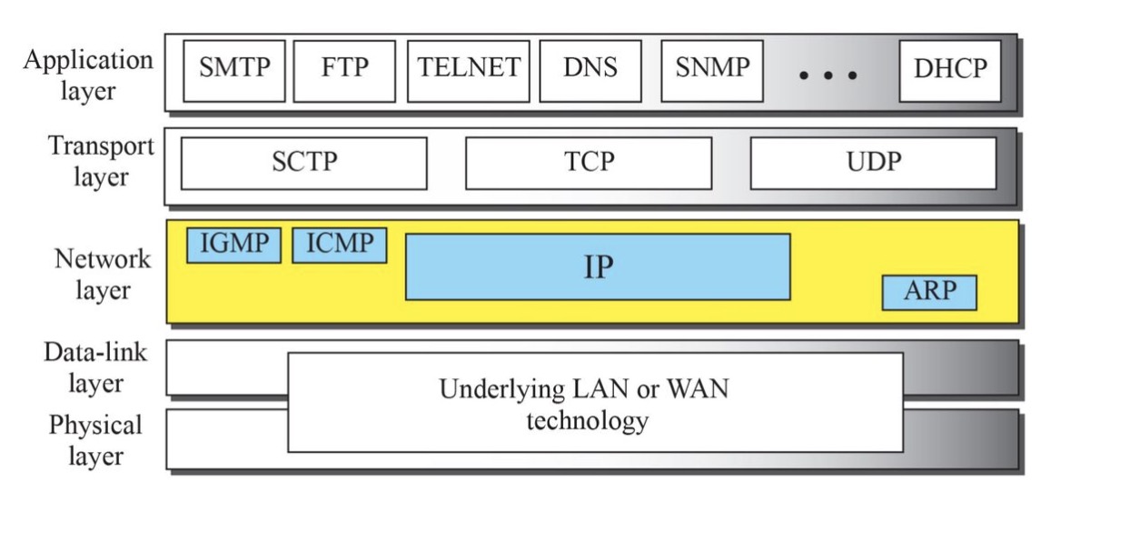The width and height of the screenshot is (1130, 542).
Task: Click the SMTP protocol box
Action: pyautogui.click(x=233, y=70)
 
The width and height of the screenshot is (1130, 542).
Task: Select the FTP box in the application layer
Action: pyautogui.click(x=345, y=70)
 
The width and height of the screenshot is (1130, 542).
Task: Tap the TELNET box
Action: pyautogui.click(x=468, y=70)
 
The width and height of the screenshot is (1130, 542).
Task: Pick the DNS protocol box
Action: pyautogui.click(x=590, y=70)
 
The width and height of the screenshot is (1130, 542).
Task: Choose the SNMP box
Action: pyautogui.click(x=712, y=70)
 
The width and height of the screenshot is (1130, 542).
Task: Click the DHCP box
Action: pyautogui.click(x=950, y=70)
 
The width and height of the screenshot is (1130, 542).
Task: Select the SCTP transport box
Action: pyautogui.click(x=303, y=163)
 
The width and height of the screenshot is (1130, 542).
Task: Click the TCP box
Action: pyautogui.click(x=589, y=163)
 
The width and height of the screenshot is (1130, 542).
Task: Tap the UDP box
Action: pyautogui.click(x=873, y=163)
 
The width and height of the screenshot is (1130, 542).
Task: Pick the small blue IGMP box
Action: pyautogui.click(x=233, y=245)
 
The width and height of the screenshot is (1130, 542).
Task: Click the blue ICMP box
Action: pyautogui.click(x=339, y=245)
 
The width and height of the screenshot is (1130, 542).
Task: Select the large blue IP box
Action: pyautogui.click(x=598, y=266)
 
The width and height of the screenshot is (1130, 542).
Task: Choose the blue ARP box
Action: pyautogui.click(x=929, y=293)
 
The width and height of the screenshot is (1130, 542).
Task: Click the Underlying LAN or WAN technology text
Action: pyautogui.click(x=585, y=405)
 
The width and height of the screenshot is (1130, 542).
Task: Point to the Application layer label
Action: pyautogui.click(x=88, y=75)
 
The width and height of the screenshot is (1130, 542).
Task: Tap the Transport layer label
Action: pyautogui.click(x=100, y=161)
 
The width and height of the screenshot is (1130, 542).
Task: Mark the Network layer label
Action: pyautogui.click(x=102, y=274)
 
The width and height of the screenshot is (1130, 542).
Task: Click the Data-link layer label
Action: pyautogui.click(x=94, y=366)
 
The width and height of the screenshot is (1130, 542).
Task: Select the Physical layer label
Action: pyautogui.click(x=95, y=440)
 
